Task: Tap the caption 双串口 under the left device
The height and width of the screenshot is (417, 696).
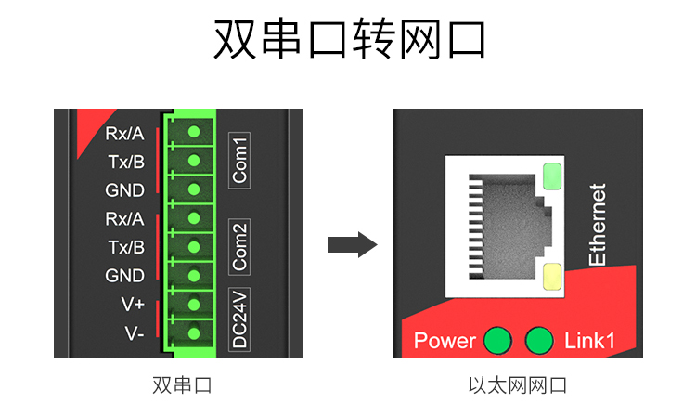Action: (x=182, y=384)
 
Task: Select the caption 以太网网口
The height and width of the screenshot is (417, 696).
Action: (x=517, y=384)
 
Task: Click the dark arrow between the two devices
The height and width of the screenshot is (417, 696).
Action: (x=352, y=246)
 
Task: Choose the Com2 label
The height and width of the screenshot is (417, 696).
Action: (x=240, y=247)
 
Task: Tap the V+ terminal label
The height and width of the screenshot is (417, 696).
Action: (x=133, y=305)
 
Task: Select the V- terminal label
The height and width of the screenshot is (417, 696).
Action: (x=133, y=332)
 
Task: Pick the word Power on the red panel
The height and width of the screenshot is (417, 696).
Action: (x=445, y=341)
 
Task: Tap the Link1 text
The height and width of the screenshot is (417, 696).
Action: (x=589, y=341)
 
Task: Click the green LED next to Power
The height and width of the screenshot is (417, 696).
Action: (x=498, y=341)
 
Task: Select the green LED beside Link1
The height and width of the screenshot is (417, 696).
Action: (x=539, y=341)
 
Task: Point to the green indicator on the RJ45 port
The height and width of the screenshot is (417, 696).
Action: (x=551, y=176)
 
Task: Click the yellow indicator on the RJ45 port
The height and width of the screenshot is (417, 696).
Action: (x=551, y=276)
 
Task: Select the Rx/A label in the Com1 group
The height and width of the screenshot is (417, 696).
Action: (x=125, y=134)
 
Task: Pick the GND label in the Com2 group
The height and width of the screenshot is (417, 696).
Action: (x=125, y=276)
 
